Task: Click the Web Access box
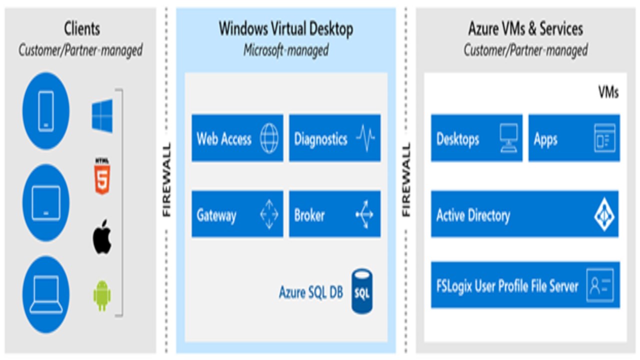pyautogui.click(x=237, y=138)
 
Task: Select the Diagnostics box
pyautogui.click(x=334, y=138)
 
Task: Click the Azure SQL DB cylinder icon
pyautogui.click(x=361, y=291)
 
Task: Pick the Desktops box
pyautogui.click(x=476, y=138)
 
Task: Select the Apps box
pyautogui.click(x=574, y=138)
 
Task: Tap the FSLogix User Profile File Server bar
pyautogui.click(x=525, y=285)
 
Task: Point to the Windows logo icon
pyautogui.click(x=102, y=116)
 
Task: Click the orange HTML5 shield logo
pyautogui.click(x=101, y=176)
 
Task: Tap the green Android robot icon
pyautogui.click(x=102, y=295)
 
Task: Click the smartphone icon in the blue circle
pyautogui.click(x=45, y=111)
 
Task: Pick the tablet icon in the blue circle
pyautogui.click(x=45, y=202)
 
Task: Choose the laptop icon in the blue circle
pyautogui.click(x=45, y=294)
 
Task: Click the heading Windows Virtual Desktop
pyautogui.click(x=285, y=28)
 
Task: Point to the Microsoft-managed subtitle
pyautogui.click(x=285, y=50)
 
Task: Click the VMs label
pyautogui.click(x=608, y=92)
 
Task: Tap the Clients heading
pyautogui.click(x=81, y=28)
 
